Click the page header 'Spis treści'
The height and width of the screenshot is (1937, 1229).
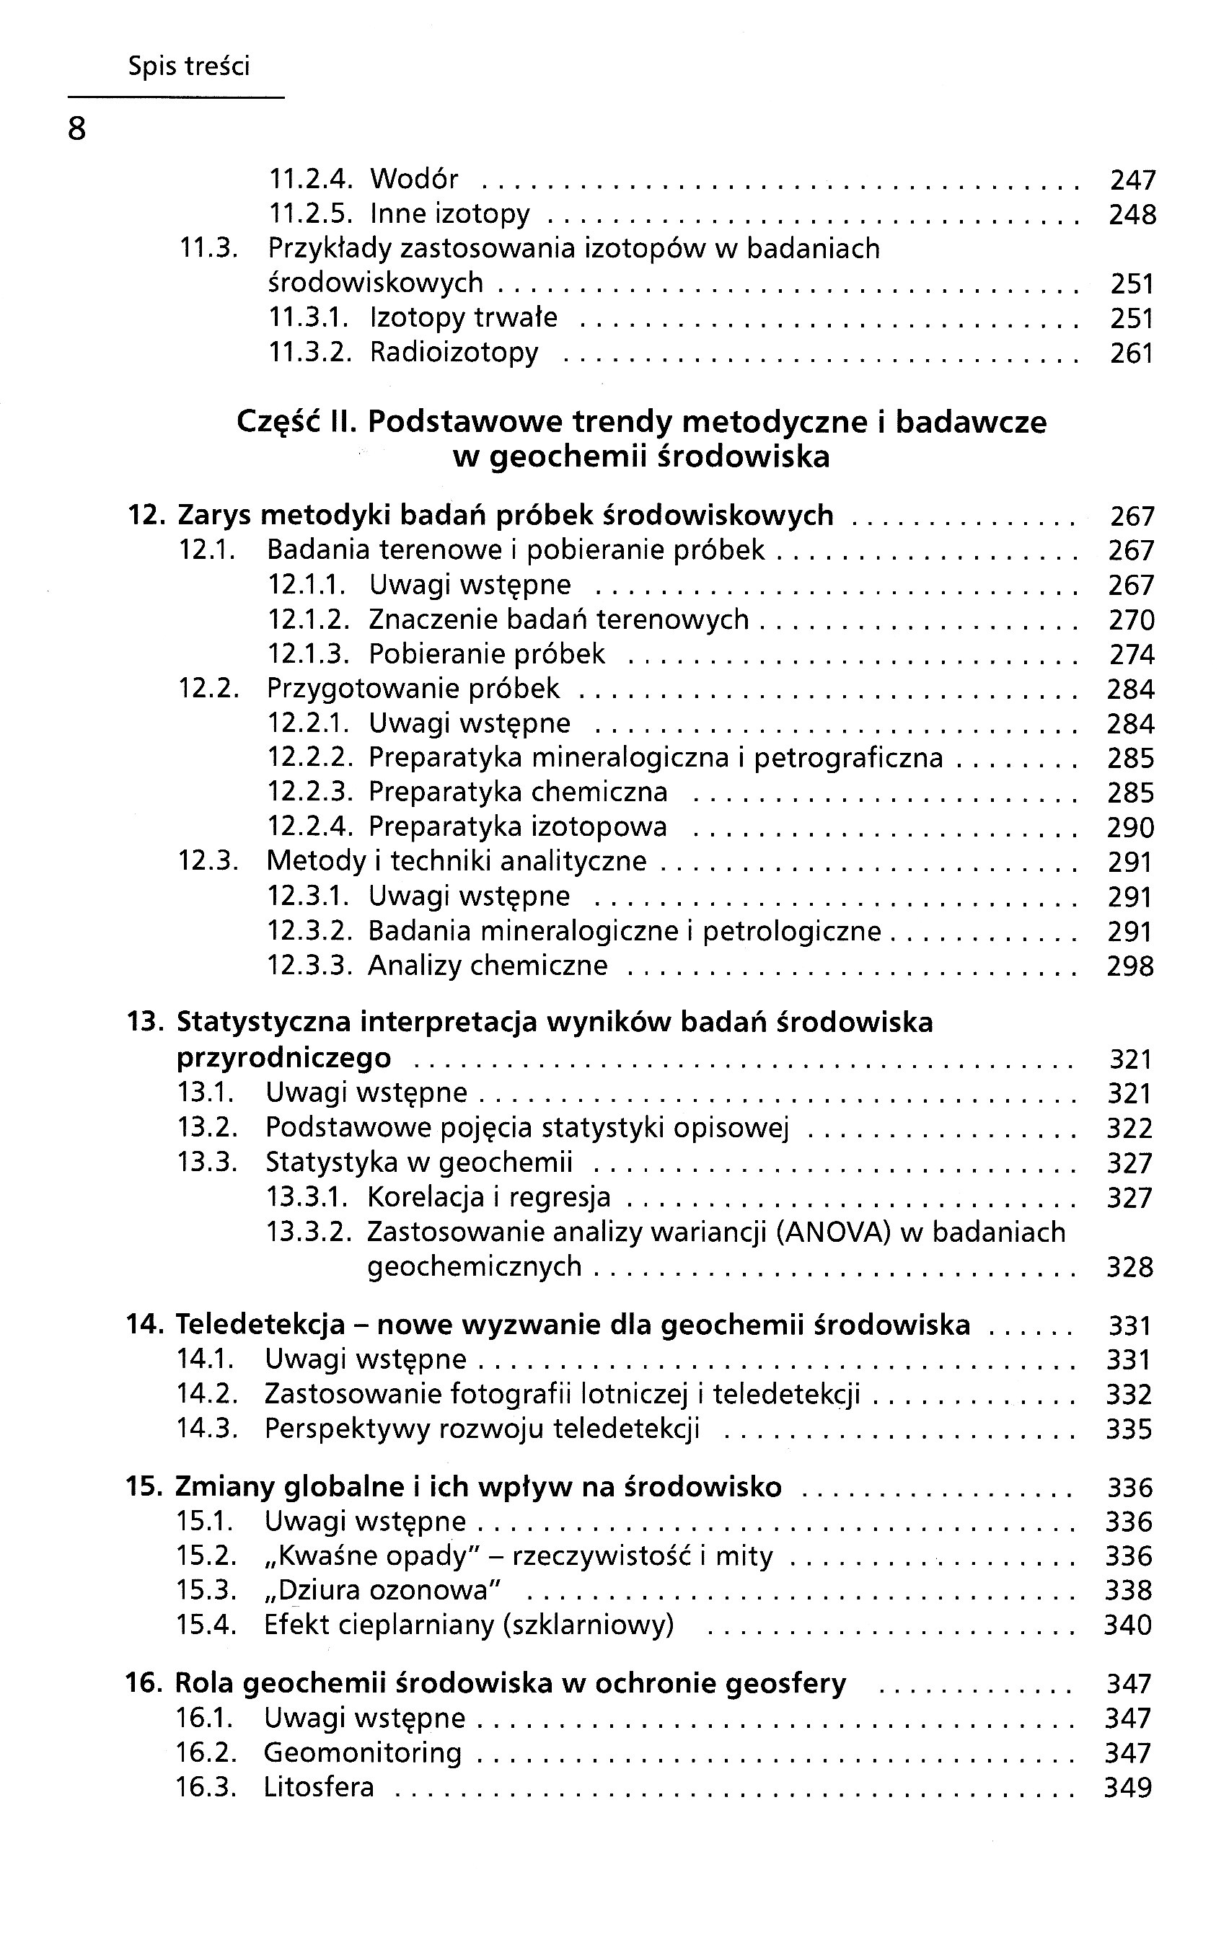pyautogui.click(x=189, y=66)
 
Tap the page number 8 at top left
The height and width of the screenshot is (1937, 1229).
pyautogui.click(x=76, y=128)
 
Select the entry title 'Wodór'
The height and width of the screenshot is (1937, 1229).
pyautogui.click(x=414, y=179)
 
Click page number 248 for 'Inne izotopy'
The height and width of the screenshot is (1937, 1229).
pyautogui.click(x=1132, y=215)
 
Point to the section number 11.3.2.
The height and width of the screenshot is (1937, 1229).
pyautogui.click(x=310, y=353)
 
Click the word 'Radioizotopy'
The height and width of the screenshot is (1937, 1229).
pyautogui.click(x=454, y=353)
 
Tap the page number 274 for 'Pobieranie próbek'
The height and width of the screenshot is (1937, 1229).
pyautogui.click(x=1132, y=655)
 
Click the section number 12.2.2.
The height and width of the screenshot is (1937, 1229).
pyautogui.click(x=310, y=758)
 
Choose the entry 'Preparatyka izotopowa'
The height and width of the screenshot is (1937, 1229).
pyautogui.click(x=518, y=827)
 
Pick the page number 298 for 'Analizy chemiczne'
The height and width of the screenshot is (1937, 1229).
pyautogui.click(x=1130, y=966)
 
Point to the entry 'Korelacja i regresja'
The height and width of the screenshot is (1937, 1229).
pyautogui.click(x=489, y=1198)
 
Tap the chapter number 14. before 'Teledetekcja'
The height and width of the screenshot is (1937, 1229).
pyautogui.click(x=145, y=1325)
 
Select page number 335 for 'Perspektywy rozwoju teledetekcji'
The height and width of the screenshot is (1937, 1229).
pyautogui.click(x=1129, y=1429)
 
